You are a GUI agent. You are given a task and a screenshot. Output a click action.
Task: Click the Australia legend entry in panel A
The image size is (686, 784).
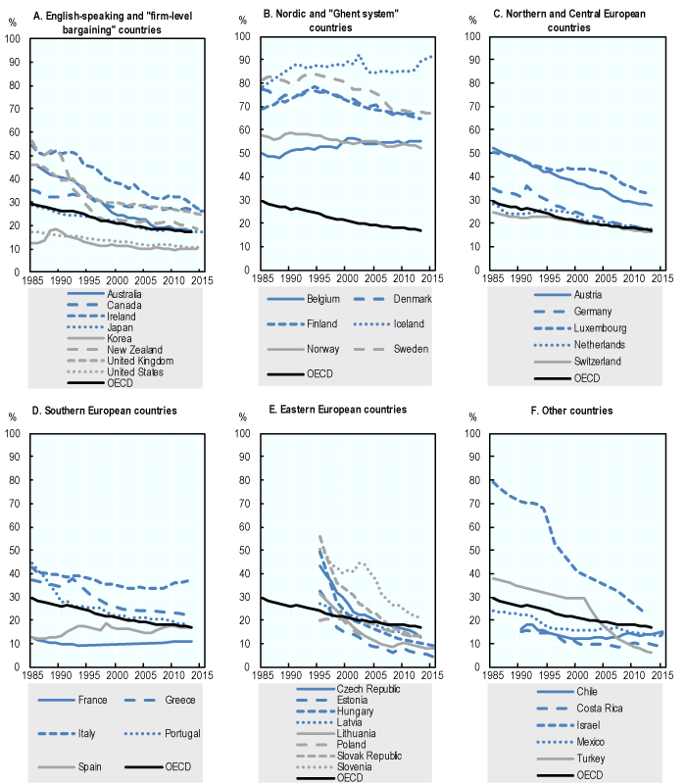click(105, 293)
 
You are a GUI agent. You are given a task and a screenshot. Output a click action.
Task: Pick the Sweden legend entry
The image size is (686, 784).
click(401, 348)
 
